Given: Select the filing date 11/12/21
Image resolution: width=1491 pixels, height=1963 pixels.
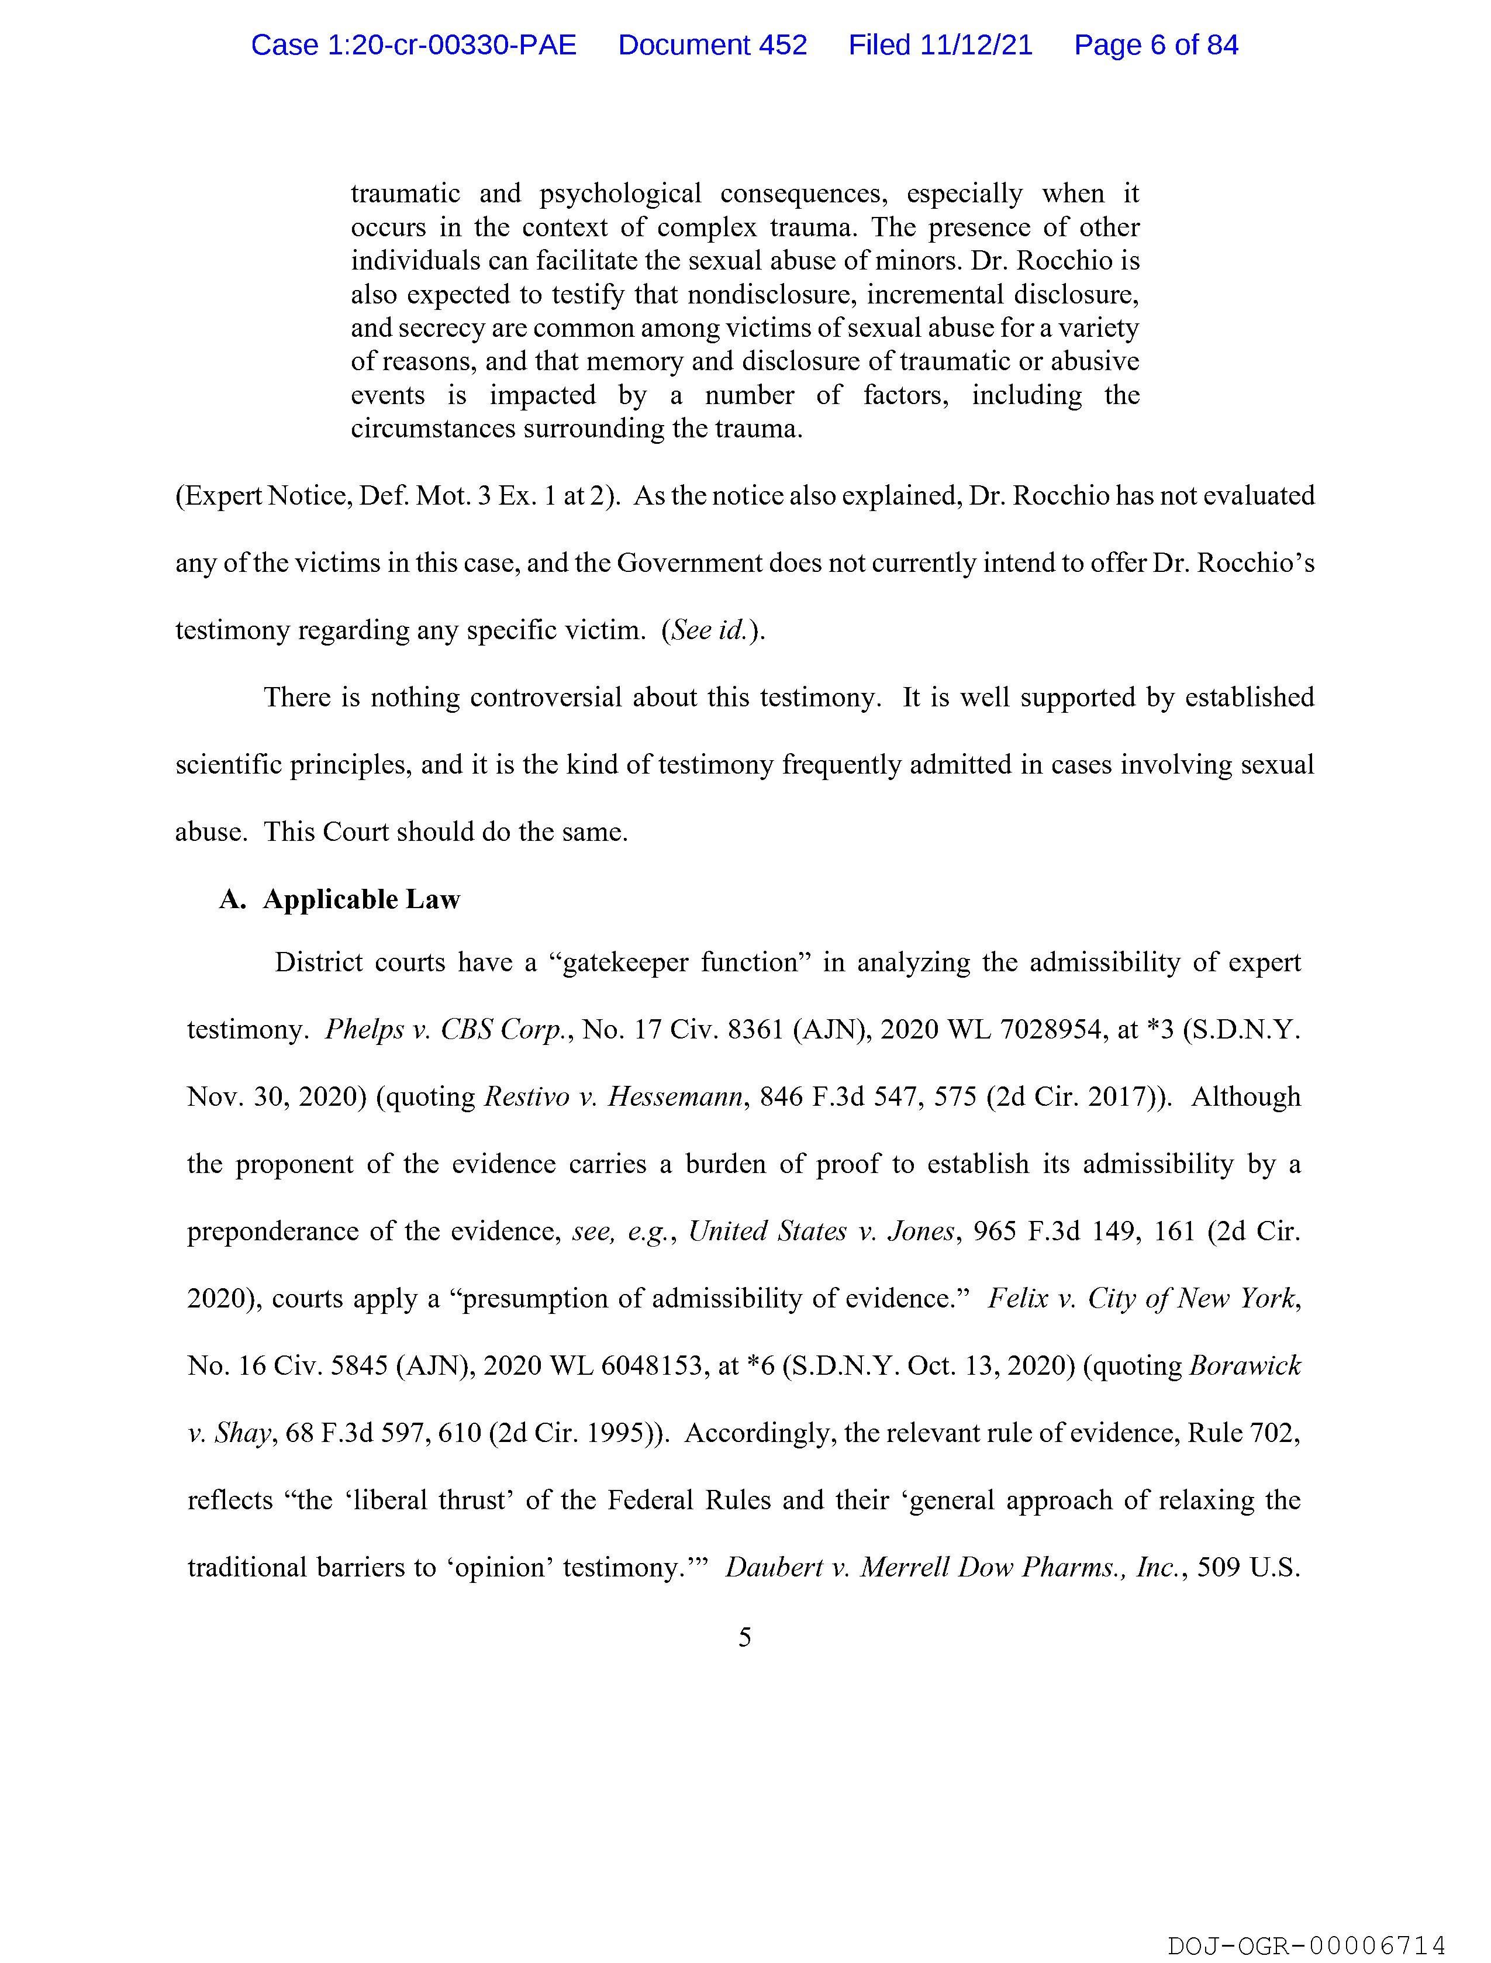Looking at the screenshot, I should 976,45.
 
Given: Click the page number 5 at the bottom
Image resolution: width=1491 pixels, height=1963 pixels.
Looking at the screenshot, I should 744,1637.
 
